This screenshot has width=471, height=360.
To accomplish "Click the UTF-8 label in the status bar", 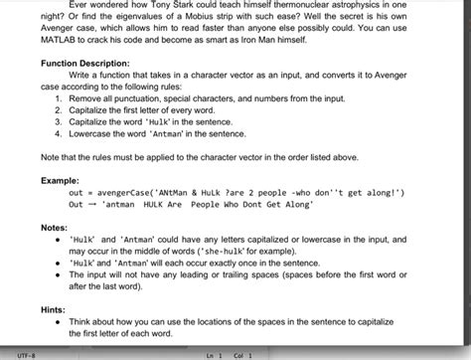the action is point(26,353).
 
